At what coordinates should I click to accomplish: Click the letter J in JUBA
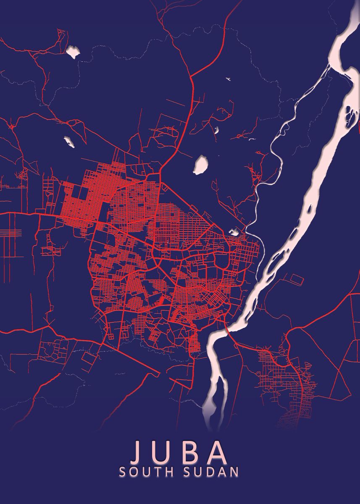click(138, 451)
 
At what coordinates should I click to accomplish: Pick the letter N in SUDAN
click(234, 472)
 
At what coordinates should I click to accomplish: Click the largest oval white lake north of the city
click(201, 165)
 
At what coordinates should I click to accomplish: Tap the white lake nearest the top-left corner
click(73, 52)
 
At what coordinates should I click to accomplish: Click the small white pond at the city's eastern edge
click(234, 231)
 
